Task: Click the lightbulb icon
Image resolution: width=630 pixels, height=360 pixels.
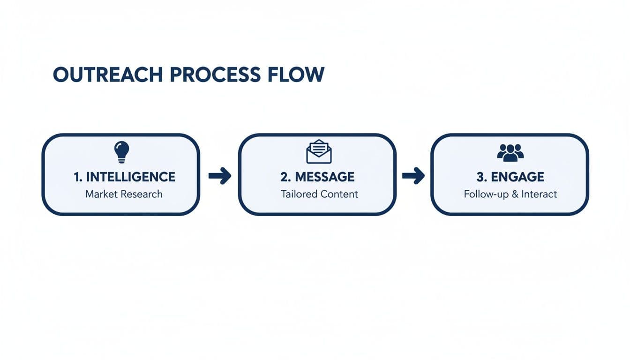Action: click(121, 150)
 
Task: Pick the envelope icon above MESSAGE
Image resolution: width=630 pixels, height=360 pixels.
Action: click(319, 151)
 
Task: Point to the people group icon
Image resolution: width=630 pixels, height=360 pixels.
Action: click(510, 152)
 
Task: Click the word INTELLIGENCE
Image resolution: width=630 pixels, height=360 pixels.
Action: click(131, 177)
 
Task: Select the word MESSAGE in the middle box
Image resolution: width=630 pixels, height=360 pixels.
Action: click(324, 177)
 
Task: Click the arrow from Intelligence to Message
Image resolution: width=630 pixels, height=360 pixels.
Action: click(219, 176)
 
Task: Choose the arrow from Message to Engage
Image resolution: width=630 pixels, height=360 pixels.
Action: click(413, 176)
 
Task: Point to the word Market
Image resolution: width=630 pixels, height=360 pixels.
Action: click(101, 194)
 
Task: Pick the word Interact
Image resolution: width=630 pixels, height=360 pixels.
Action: click(539, 194)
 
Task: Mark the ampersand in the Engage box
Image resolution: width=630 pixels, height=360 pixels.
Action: click(514, 194)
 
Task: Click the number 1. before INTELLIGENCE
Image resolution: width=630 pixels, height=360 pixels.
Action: click(78, 177)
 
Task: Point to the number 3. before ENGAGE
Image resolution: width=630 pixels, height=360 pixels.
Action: click(480, 177)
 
